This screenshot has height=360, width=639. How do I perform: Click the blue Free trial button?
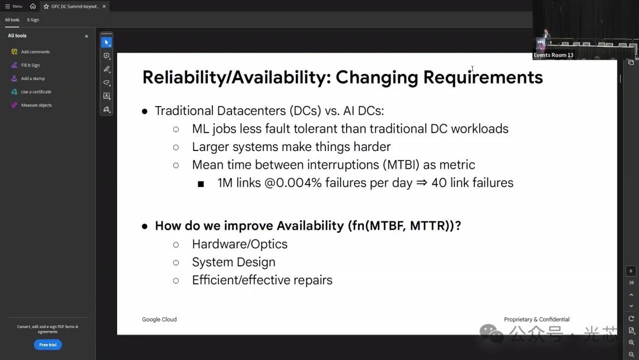coord(48,345)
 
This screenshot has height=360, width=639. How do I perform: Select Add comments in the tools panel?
coord(35,52)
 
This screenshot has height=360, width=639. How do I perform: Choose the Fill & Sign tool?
coord(30,65)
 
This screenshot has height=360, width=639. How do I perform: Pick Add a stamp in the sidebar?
coord(33,78)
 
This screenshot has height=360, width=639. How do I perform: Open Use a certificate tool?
coord(36,92)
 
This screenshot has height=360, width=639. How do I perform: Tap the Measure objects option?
coord(36,105)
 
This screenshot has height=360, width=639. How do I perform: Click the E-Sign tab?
coord(33,20)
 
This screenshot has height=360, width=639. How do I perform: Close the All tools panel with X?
coord(86,36)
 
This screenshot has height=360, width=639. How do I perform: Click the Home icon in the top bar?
coord(33,6)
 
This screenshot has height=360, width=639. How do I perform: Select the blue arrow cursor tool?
coord(106,43)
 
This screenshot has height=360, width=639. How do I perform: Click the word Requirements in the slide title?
coord(483,78)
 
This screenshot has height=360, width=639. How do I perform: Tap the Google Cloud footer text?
coord(159,320)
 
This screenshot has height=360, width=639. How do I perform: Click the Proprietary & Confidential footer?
coord(537,320)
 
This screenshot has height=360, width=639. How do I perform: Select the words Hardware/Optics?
coord(240,244)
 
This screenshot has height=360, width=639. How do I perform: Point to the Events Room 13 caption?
coord(553,55)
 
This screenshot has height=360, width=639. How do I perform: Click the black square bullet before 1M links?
coord(201,184)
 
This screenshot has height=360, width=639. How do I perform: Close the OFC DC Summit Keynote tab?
coord(104,7)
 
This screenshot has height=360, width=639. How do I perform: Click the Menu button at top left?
coord(14,7)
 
